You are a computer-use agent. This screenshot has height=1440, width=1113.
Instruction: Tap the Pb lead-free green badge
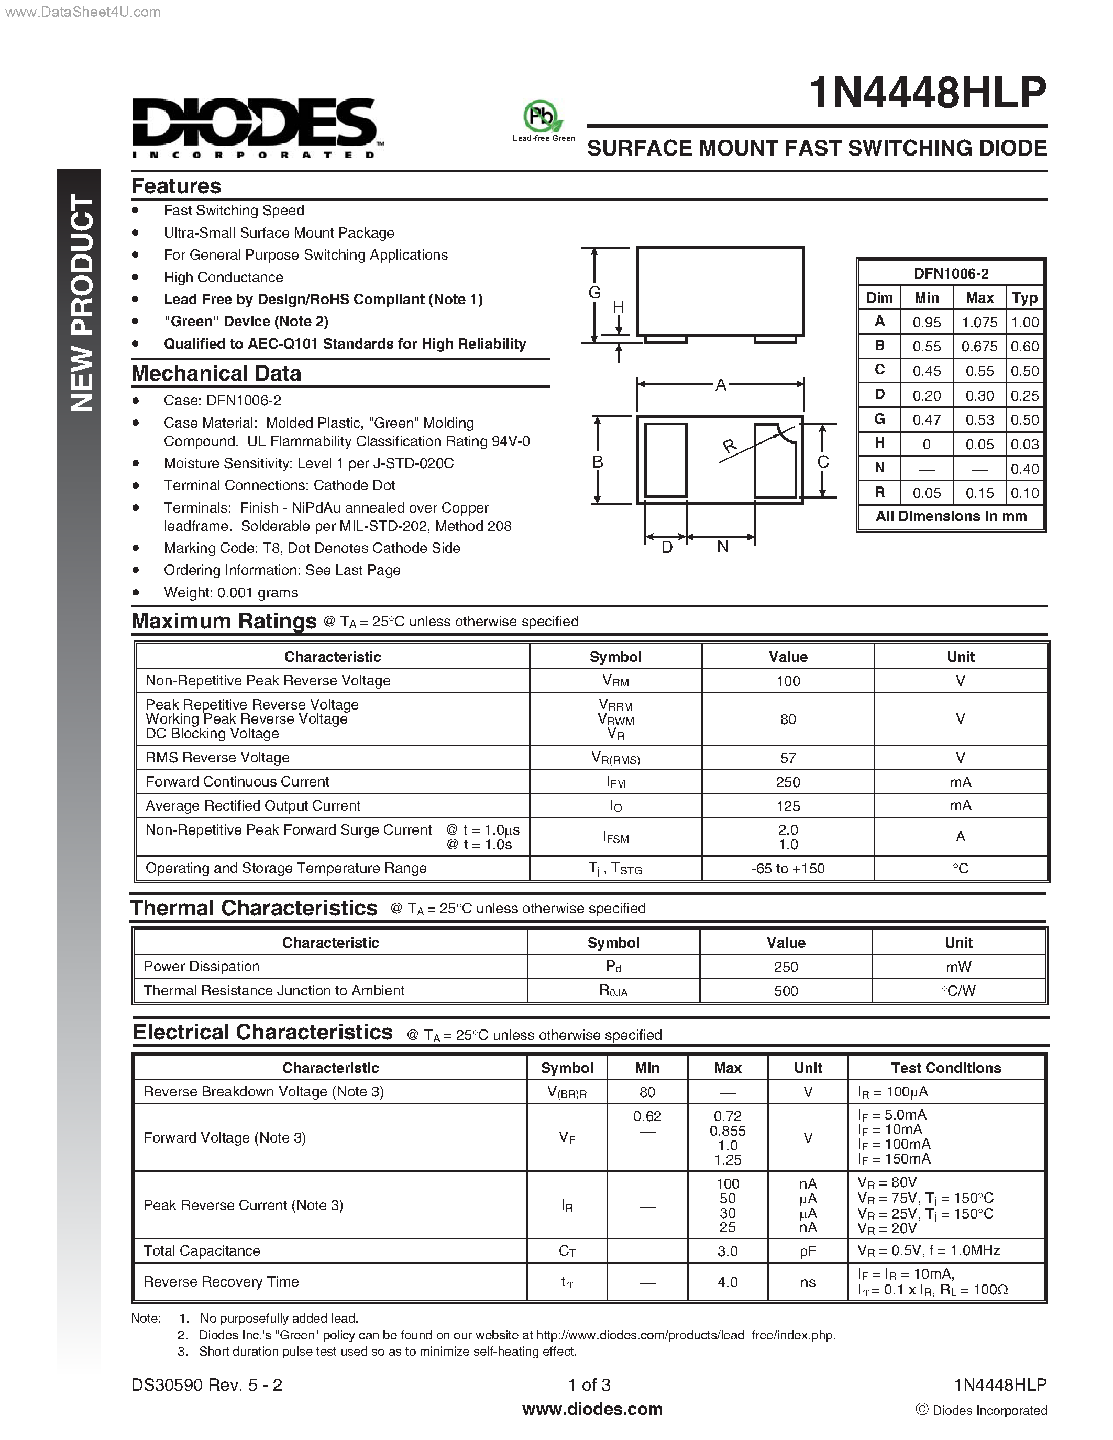543,119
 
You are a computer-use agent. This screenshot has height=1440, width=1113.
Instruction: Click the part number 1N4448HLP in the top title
927,93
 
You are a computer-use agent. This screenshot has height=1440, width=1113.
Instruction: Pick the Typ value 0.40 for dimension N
1024,469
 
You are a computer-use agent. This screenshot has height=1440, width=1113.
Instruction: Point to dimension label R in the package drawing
729,446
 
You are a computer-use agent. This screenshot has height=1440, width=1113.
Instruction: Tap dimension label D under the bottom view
667,547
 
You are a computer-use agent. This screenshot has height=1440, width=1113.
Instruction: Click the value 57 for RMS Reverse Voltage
787,758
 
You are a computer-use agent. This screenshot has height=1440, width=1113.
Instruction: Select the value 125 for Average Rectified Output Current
787,806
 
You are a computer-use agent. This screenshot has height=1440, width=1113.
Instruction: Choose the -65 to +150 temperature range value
787,868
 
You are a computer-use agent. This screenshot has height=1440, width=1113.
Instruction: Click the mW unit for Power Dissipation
958,967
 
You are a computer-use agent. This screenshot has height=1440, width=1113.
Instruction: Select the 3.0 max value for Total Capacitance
728,1251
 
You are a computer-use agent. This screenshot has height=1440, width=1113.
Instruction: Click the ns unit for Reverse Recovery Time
808,1282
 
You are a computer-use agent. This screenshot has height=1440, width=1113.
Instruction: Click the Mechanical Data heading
216,373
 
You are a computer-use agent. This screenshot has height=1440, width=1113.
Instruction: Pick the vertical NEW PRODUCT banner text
82,303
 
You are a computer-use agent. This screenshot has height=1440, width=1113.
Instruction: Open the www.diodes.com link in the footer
592,1409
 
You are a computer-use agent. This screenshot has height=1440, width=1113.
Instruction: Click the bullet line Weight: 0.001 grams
231,593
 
